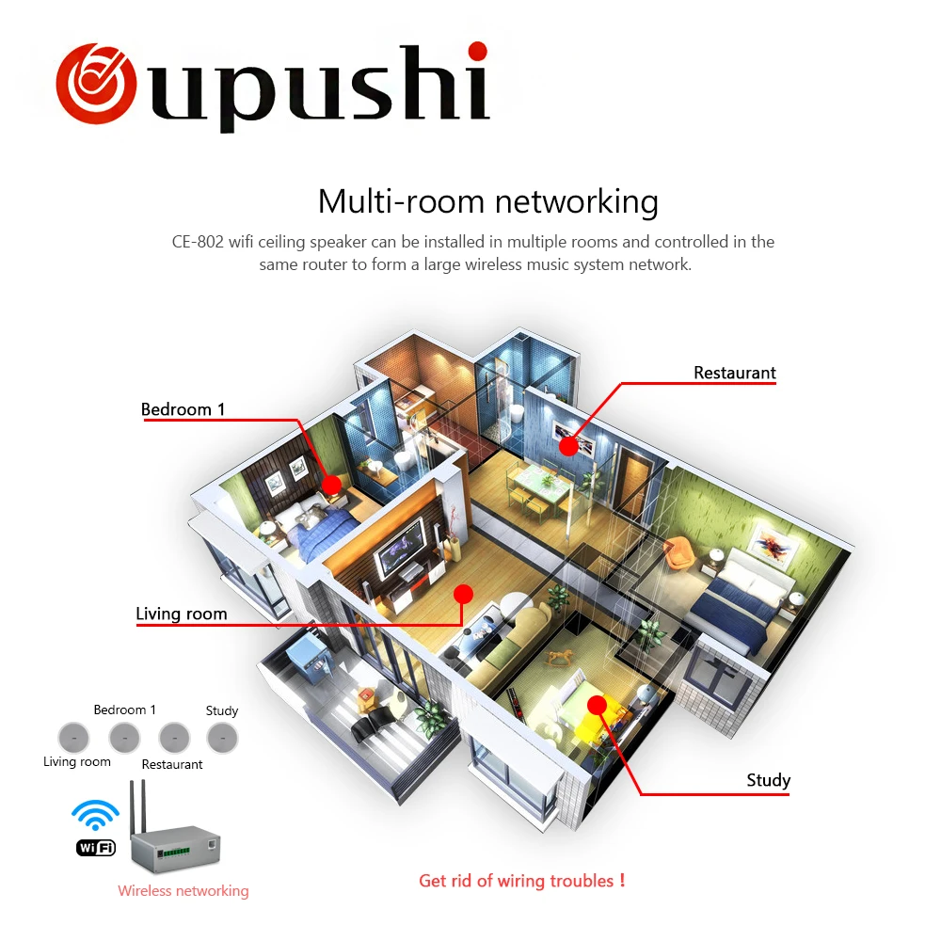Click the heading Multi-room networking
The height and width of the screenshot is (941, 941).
click(487, 201)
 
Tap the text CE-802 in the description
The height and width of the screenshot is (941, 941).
click(198, 242)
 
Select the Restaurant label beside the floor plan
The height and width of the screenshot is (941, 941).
click(735, 373)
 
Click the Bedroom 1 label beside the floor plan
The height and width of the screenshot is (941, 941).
click(183, 409)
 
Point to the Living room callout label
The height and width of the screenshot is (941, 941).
click(182, 614)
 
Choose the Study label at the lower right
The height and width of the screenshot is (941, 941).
click(768, 780)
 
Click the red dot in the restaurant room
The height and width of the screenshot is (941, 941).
click(567, 446)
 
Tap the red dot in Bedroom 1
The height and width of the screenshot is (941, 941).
click(331, 485)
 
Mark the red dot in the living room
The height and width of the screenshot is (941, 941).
click(462, 594)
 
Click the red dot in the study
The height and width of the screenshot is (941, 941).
click(596, 705)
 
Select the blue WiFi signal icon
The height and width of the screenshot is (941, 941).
click(96, 817)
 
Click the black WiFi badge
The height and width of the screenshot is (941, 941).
click(95, 848)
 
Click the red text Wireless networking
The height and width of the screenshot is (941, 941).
click(183, 890)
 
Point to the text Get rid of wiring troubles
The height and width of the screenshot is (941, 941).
click(521, 881)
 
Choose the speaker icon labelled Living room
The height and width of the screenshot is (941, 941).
click(73, 736)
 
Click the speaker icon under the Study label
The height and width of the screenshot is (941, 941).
click(223, 736)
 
